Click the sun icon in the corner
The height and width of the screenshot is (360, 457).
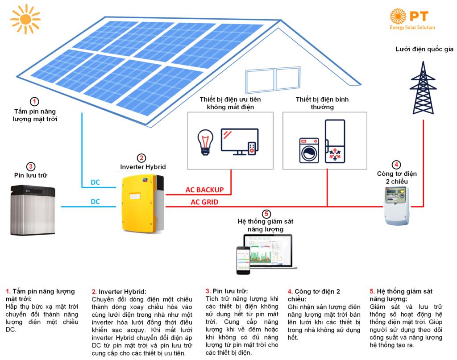(x=25, y=17)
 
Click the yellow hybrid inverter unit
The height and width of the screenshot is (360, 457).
(x=141, y=202)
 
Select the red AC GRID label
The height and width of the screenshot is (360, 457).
(x=204, y=202)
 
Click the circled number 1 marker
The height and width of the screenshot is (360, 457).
(x=35, y=101)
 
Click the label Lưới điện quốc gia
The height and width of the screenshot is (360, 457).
(x=420, y=49)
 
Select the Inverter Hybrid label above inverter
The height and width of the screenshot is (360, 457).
(x=143, y=166)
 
